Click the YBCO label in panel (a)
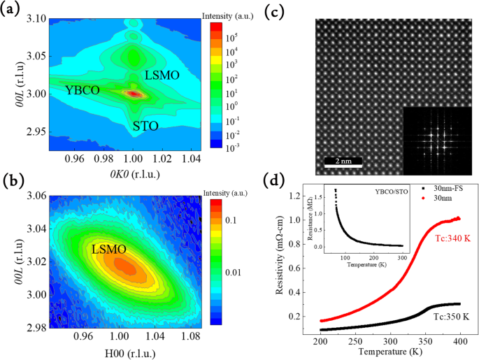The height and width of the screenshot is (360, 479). tap(83, 90)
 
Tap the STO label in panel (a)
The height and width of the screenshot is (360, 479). tap(145, 126)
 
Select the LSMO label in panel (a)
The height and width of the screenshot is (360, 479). tap(161, 74)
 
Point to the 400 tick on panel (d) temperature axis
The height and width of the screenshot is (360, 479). tap(458, 341)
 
